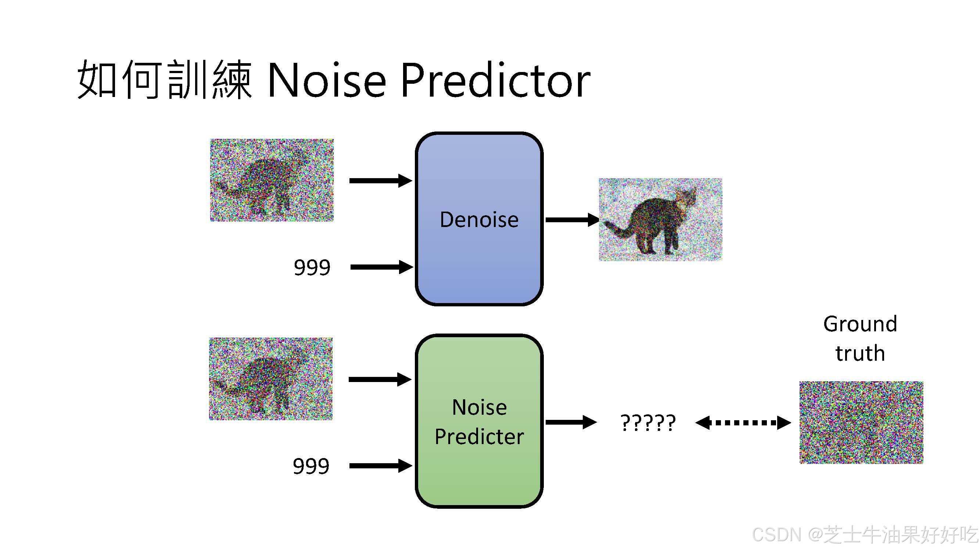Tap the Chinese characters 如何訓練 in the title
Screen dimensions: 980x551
point(164,80)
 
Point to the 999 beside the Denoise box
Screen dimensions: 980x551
point(312,267)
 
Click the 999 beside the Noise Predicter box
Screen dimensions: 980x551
point(311,466)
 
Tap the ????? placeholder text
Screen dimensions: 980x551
point(647,422)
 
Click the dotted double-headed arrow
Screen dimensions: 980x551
point(743,422)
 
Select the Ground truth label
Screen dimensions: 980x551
point(860,338)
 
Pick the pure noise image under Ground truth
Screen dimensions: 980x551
point(861,422)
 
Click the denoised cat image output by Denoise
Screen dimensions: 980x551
point(660,219)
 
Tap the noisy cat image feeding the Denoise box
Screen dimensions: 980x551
point(272,180)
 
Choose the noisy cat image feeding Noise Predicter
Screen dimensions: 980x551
point(270,379)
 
